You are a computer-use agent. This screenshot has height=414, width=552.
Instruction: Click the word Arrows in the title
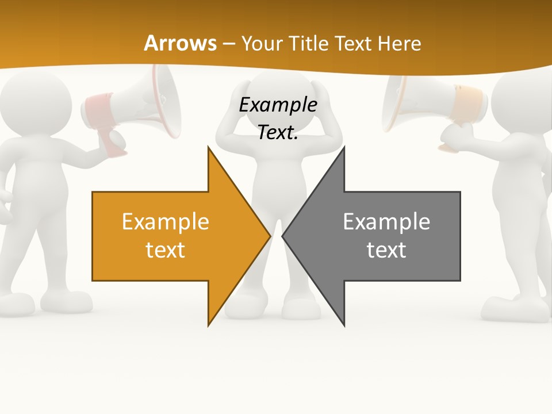(180, 43)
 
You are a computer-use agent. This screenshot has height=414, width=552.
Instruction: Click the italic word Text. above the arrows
(278, 132)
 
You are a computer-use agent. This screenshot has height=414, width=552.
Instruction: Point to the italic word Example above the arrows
(278, 105)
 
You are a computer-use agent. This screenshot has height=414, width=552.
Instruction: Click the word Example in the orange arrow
(166, 221)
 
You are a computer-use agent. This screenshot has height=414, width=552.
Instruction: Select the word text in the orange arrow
(166, 250)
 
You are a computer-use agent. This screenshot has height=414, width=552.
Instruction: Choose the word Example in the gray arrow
(386, 221)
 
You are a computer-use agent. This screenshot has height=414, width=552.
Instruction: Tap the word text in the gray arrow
(386, 250)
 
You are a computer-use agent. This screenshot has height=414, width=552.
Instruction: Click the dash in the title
(228, 43)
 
